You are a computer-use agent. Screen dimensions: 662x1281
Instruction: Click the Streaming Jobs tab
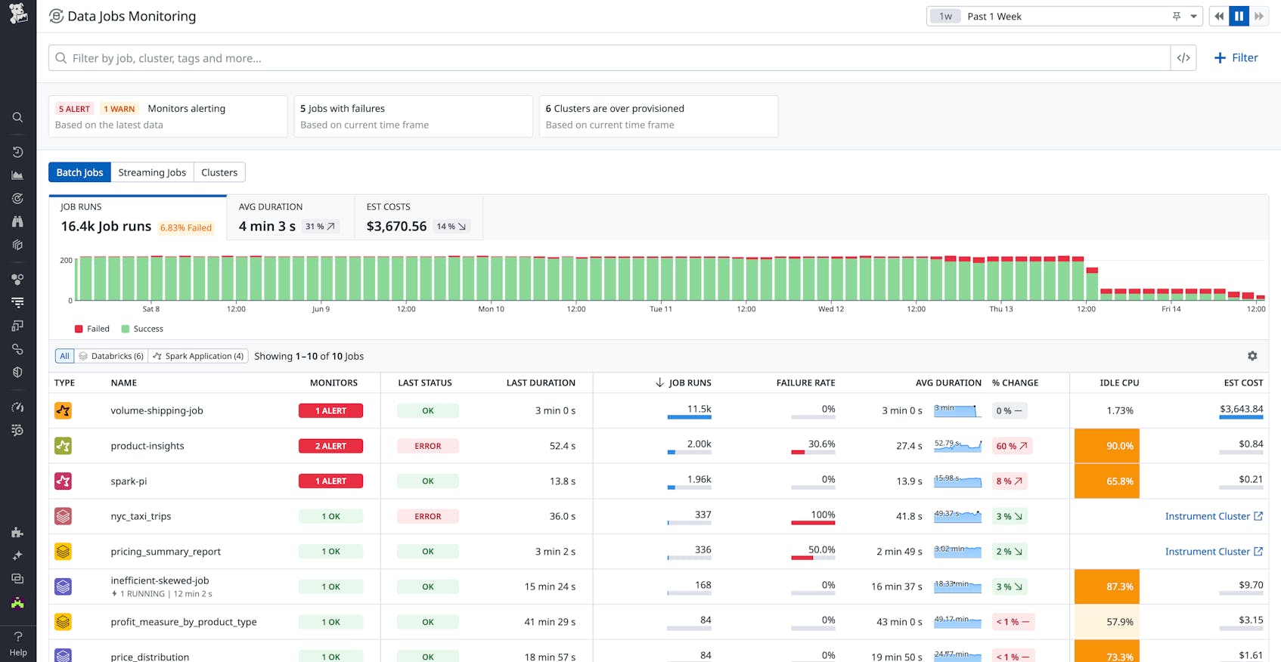(152, 172)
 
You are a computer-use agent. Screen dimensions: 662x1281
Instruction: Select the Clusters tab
(219, 172)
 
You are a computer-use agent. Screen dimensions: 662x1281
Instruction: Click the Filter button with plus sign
(1236, 57)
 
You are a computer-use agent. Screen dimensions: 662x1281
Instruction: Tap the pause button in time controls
(1239, 16)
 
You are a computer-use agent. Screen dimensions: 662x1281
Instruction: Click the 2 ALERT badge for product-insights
(330, 446)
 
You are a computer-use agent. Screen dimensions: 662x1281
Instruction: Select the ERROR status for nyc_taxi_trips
(427, 516)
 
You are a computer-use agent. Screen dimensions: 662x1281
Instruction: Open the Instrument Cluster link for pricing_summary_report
(1213, 552)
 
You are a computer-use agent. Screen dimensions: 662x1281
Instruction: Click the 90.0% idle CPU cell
(1106, 446)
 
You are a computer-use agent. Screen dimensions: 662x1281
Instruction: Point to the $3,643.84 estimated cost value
(1241, 409)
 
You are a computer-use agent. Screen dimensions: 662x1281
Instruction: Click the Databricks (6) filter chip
(111, 356)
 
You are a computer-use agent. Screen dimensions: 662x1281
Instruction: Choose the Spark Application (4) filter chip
(198, 356)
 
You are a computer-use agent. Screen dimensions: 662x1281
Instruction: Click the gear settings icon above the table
(1252, 356)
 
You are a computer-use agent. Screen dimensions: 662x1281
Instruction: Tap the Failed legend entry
(92, 329)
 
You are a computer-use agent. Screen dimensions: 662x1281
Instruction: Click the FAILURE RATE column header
(805, 383)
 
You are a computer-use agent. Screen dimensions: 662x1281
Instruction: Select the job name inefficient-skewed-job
(160, 580)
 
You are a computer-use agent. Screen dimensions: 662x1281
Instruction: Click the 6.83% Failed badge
(186, 227)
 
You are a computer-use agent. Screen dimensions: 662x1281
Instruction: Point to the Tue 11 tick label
(661, 309)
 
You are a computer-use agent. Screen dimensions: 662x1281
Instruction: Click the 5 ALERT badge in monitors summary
(74, 109)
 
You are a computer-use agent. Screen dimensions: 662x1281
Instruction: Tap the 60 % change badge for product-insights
(1011, 446)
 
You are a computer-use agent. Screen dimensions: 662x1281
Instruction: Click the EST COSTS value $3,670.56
(396, 226)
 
